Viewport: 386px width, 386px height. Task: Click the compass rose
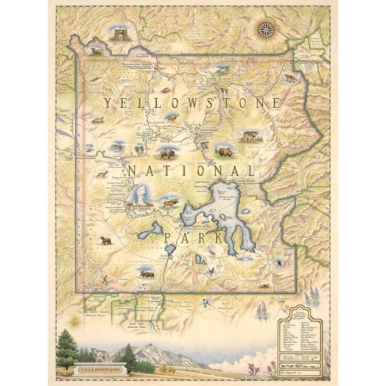pos(265,29)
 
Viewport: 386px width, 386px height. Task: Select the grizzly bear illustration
pos(225,152)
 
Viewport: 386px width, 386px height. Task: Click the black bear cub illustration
pos(105,240)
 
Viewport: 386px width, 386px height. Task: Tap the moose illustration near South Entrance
pos(146,274)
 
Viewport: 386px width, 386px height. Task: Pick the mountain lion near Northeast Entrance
pos(289,78)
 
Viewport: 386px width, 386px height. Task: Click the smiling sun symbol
pos(76,322)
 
